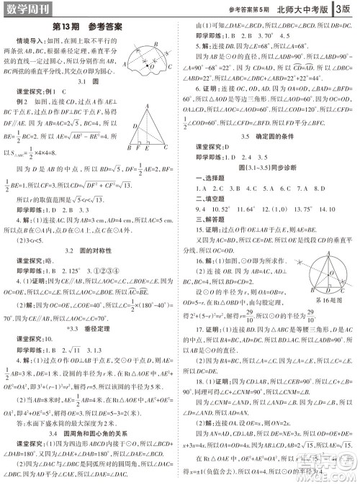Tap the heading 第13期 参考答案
coord(90,27)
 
